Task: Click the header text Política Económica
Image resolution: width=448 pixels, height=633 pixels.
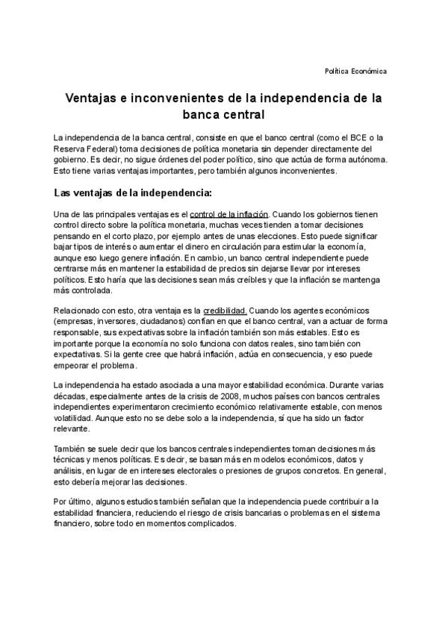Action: point(355,71)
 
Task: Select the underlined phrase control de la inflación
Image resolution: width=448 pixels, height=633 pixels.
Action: point(228,214)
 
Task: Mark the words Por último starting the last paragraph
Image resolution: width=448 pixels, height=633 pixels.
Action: point(72,501)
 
